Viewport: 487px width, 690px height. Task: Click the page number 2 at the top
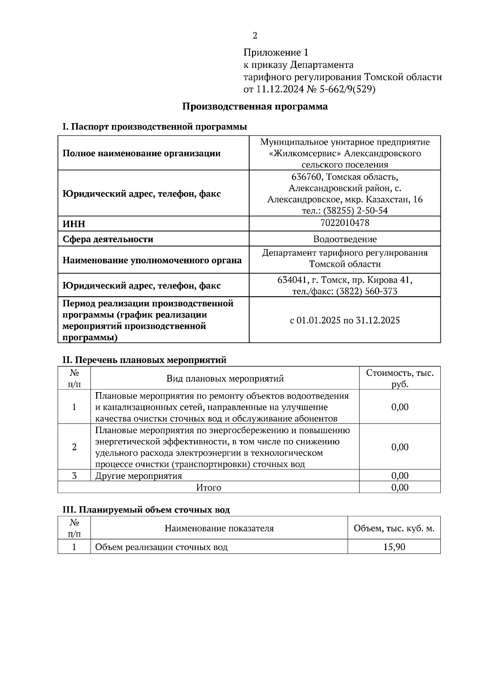(x=255, y=36)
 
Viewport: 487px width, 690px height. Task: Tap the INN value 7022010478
(x=345, y=223)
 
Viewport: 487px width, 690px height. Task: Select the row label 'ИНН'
(x=74, y=224)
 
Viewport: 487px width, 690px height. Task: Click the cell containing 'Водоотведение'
(x=345, y=239)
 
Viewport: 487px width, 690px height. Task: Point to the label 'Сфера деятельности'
(x=108, y=239)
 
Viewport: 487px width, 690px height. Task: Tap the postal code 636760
(x=307, y=177)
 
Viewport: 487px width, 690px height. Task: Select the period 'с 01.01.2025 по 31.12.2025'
(x=345, y=320)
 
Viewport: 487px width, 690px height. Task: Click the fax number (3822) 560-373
(x=366, y=291)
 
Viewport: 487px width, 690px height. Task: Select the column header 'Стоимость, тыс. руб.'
(x=400, y=378)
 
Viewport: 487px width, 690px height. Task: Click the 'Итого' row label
(x=209, y=487)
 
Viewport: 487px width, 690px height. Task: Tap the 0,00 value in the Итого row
(x=400, y=487)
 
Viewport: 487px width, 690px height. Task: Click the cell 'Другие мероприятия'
(x=138, y=475)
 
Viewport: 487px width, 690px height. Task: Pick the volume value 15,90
(x=394, y=547)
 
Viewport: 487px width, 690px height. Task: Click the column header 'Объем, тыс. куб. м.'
(x=394, y=529)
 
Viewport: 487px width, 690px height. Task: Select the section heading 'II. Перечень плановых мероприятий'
(x=144, y=360)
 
